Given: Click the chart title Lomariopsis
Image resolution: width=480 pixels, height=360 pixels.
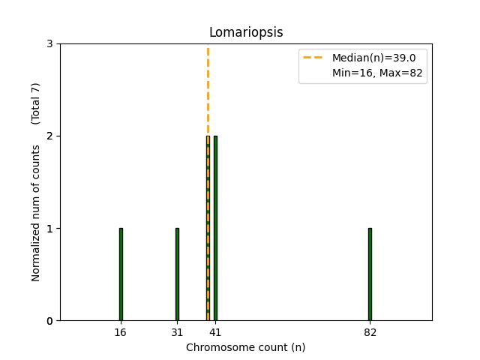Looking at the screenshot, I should click(x=246, y=32).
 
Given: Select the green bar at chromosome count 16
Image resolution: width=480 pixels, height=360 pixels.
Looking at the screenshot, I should click(x=121, y=274).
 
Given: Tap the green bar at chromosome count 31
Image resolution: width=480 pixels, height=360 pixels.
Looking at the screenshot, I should click(x=177, y=274).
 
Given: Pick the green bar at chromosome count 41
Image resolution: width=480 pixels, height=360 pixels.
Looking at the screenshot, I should click(x=215, y=228).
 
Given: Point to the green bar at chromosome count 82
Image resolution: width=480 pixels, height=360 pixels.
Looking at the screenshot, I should click(x=370, y=274).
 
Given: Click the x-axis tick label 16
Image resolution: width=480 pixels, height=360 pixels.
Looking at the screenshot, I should click(x=121, y=331).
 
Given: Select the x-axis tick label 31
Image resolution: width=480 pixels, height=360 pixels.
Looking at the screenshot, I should click(x=177, y=331).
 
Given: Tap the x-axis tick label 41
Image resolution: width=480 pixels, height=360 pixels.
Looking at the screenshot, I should click(x=215, y=331).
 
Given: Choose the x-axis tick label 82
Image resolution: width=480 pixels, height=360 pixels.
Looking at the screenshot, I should click(x=370, y=331).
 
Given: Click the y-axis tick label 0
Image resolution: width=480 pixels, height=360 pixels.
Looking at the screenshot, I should click(x=50, y=321).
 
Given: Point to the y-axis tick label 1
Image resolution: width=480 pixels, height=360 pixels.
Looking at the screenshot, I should click(x=50, y=229).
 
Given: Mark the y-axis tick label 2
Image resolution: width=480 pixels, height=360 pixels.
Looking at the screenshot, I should click(x=50, y=136).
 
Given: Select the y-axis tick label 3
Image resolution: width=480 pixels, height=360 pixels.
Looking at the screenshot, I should click(x=50, y=44).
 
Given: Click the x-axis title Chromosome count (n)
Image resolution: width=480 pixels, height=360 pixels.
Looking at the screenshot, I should click(x=246, y=347).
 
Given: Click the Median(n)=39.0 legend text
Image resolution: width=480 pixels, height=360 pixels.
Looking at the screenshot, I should click(x=369, y=58).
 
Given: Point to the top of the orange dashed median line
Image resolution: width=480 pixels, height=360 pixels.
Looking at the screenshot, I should click(x=208, y=46).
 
